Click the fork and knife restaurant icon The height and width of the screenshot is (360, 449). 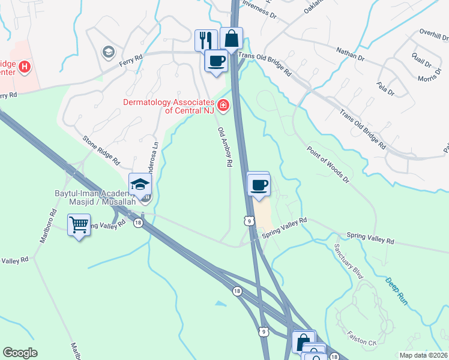click(206, 40)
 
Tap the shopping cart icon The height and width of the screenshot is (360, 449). click(79, 225)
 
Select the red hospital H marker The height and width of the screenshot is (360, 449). click(25, 67)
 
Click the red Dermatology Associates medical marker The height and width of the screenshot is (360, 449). click(223, 106)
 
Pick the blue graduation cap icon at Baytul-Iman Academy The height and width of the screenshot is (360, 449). click(140, 184)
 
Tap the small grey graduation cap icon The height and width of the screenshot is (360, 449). click(108, 52)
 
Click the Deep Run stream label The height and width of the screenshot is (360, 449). click(396, 291)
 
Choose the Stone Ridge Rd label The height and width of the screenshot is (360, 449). click(101, 149)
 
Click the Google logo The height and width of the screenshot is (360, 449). click(20, 353)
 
